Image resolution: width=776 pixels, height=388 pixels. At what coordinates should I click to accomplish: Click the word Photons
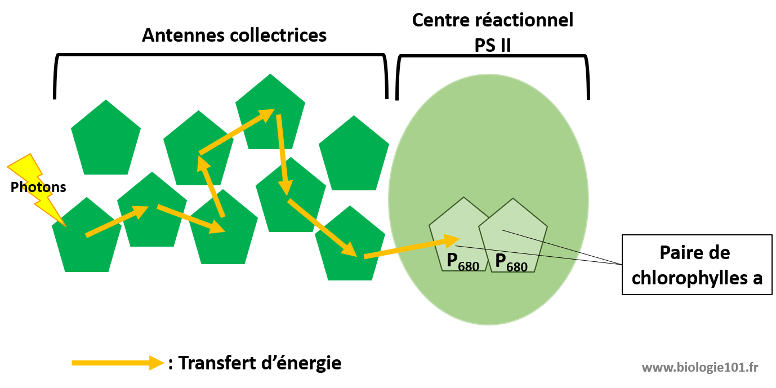click(x=38, y=188)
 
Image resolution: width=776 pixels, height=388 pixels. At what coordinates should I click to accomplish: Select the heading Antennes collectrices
click(x=234, y=35)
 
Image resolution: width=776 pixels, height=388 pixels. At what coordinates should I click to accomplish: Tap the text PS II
click(x=492, y=44)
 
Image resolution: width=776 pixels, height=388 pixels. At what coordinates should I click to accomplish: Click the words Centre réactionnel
click(x=492, y=20)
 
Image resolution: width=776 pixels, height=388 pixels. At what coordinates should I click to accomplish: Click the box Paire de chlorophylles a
click(x=697, y=265)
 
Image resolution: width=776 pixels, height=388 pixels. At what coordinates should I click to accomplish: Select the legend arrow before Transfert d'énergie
click(x=118, y=363)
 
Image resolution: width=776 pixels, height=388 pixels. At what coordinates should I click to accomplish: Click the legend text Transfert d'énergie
click(x=259, y=363)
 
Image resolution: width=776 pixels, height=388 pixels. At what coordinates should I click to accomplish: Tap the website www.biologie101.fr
click(x=700, y=368)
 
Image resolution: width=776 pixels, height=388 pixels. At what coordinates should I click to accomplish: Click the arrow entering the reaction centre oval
click(x=411, y=248)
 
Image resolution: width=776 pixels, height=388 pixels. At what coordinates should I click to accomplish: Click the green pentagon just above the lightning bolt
click(x=105, y=141)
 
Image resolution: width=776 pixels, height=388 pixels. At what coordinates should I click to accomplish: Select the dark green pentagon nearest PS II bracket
click(x=354, y=155)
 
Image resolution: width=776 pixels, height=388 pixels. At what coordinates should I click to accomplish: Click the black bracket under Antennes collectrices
click(x=220, y=56)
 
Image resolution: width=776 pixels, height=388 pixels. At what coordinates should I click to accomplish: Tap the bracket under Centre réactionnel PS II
click(x=493, y=57)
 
